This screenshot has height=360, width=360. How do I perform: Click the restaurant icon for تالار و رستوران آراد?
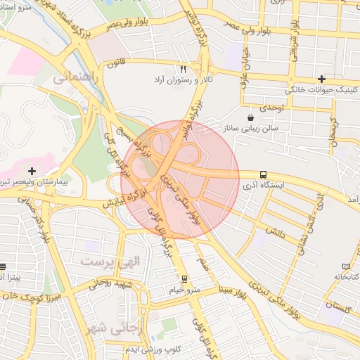click(183, 69)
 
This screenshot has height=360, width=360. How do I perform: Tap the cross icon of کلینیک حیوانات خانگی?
click(321, 79)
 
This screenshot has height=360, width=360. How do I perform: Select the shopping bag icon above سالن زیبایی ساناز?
click(251, 117)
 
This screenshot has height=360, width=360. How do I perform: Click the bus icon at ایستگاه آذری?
click(263, 174)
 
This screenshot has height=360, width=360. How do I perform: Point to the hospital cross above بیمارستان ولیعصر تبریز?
click(32, 170)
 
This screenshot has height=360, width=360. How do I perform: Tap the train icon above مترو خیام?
click(185, 278)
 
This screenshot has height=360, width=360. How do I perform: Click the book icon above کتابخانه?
click(346, 266)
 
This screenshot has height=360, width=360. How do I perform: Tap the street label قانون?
click(115, 64)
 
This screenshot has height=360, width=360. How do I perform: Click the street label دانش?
click(275, 230)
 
